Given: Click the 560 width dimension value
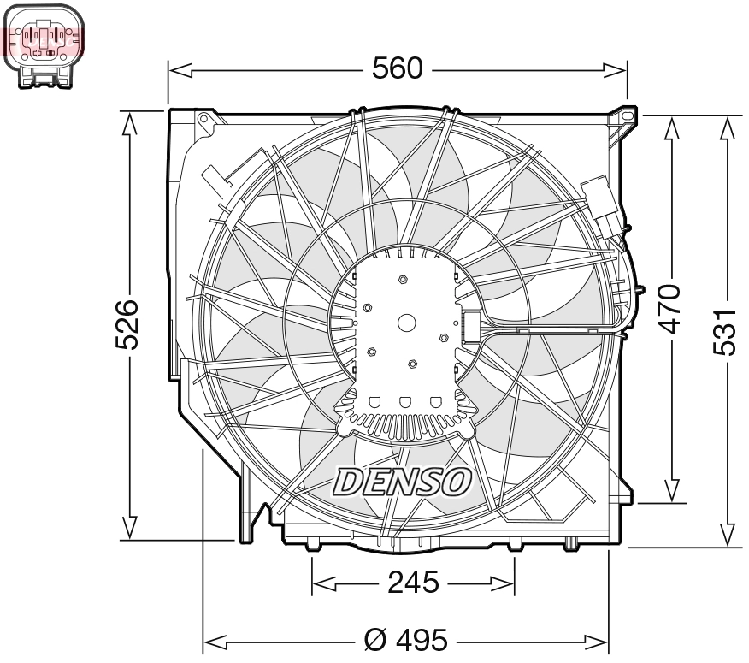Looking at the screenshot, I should pyautogui.click(x=398, y=68).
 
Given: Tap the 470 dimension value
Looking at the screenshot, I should pyautogui.click(x=672, y=308).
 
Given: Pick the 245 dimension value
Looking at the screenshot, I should pyautogui.click(x=413, y=583).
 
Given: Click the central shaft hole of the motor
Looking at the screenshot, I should pyautogui.click(x=407, y=323).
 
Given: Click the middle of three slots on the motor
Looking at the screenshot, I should pyautogui.click(x=407, y=401).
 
